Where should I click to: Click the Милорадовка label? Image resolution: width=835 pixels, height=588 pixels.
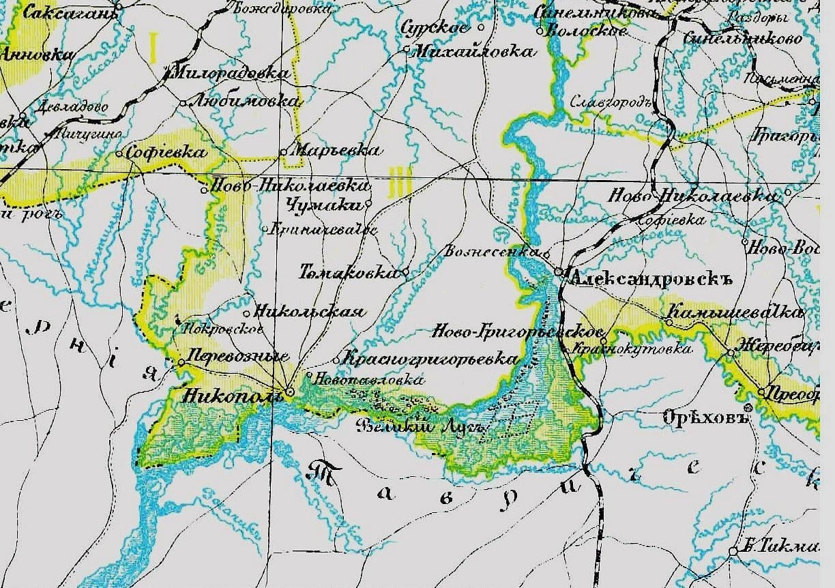[232, 72]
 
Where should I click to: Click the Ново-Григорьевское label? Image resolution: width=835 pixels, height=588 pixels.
[518, 332]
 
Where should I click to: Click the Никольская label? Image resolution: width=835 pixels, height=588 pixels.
[309, 312]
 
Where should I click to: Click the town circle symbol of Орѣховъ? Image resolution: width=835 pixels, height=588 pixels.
[748, 408]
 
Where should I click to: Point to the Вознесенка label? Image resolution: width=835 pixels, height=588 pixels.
[490, 251]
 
